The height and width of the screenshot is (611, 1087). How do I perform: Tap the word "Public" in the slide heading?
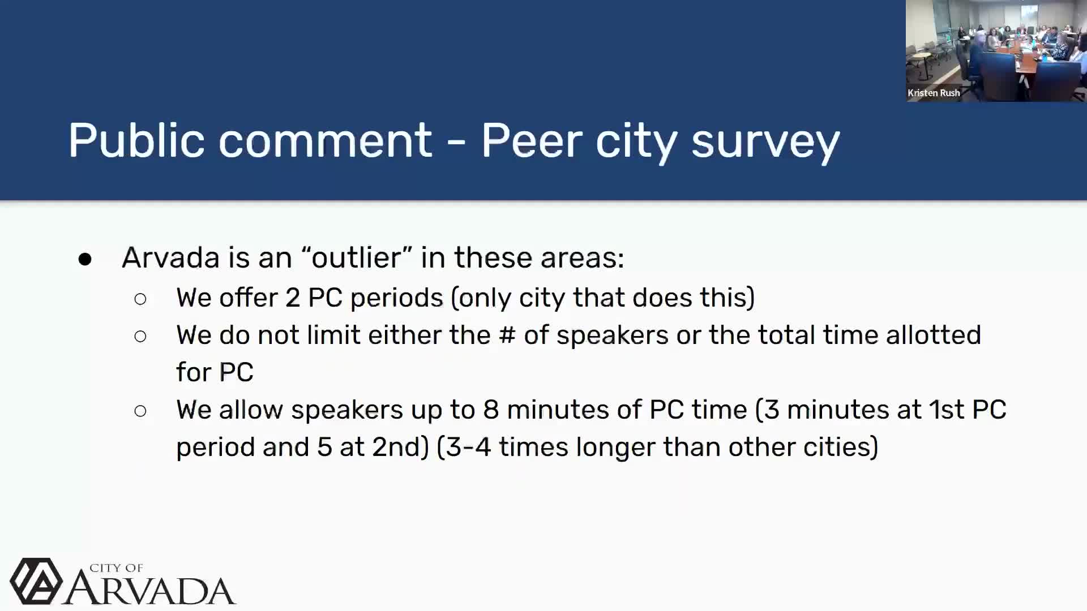click(136, 140)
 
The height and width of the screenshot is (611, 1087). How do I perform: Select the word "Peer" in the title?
click(531, 140)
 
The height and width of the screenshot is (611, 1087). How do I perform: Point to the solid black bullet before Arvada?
click(85, 259)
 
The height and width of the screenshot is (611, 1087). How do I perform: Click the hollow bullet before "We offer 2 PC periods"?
click(140, 299)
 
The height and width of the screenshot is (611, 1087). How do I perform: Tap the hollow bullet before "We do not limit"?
click(140, 337)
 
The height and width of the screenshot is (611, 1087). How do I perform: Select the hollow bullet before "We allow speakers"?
click(140, 411)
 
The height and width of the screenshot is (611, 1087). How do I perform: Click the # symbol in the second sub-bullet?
click(507, 335)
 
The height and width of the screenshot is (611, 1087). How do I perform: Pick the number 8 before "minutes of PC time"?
click(491, 410)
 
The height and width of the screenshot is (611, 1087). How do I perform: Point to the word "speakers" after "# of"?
click(612, 335)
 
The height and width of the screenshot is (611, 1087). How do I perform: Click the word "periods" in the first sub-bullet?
click(396, 298)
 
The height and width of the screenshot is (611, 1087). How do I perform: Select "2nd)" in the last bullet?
click(400, 448)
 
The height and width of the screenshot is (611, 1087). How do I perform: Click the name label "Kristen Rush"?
click(934, 93)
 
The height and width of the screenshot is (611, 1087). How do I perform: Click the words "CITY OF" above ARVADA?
click(116, 568)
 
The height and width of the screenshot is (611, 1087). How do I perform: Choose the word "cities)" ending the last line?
click(840, 448)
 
